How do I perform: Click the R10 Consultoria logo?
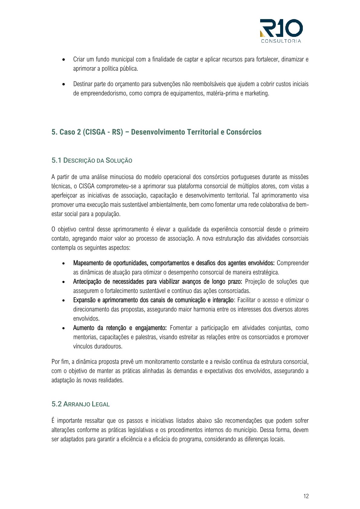281,31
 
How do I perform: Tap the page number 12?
306,496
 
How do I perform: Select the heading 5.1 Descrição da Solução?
92,160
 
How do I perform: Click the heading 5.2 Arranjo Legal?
80,404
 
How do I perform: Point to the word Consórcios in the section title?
244,132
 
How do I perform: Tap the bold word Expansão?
84,300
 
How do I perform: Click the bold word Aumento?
83,328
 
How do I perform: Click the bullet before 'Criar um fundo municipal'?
64,60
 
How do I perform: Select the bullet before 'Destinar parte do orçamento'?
64,84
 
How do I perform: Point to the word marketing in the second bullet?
256,93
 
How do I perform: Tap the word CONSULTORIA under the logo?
281,41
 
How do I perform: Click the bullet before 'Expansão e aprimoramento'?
64,300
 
